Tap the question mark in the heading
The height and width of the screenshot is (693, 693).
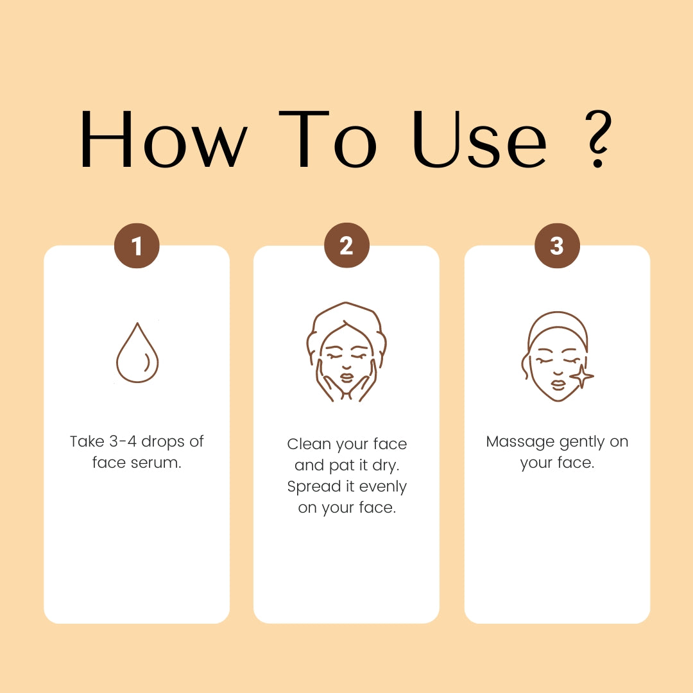(599, 139)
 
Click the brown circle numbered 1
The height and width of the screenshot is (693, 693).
(137, 245)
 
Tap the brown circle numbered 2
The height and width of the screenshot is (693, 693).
(346, 245)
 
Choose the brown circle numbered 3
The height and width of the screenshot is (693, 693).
(557, 245)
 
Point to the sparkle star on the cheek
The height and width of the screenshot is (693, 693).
(581, 376)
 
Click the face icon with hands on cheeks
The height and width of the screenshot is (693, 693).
(346, 352)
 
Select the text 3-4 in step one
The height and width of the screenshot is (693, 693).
(123, 441)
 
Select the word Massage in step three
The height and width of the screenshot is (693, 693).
(520, 442)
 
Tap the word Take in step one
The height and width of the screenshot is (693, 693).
(87, 441)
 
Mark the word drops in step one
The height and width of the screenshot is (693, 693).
(162, 441)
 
